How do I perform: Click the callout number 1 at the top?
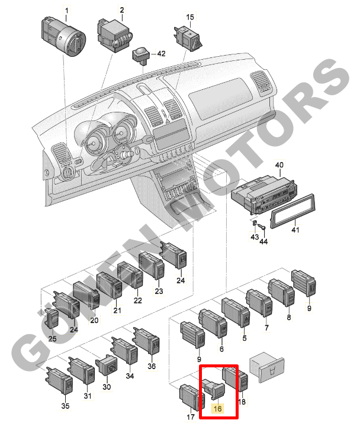[67, 11]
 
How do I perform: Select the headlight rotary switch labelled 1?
[63, 36]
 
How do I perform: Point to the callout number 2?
[122, 10]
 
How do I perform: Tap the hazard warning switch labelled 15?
[188, 37]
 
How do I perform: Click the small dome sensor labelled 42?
[141, 56]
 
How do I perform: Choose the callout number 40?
[279, 165]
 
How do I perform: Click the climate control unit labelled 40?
[264, 194]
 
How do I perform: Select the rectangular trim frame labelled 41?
[292, 211]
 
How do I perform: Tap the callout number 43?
[255, 237]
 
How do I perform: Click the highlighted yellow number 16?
[218, 408]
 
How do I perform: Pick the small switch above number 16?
[214, 389]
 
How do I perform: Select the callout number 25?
[53, 338]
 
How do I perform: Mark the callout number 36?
[152, 366]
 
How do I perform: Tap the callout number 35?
[66, 406]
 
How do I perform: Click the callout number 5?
[245, 338]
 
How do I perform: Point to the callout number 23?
[159, 291]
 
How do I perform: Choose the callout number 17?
[191, 416]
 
